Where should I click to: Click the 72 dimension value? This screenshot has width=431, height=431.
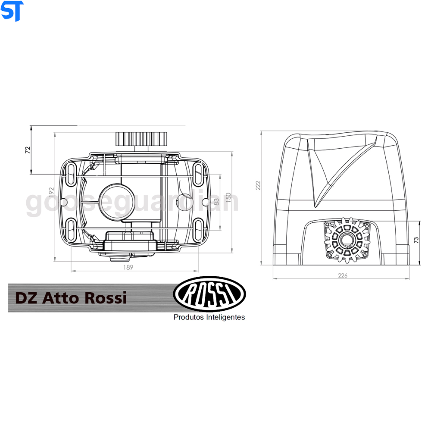point(28,150)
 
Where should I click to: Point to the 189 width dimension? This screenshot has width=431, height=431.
point(128,267)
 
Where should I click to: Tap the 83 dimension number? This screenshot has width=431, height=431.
point(216,201)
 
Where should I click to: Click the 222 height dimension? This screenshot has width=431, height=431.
point(258,185)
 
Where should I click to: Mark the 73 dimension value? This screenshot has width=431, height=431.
point(416,240)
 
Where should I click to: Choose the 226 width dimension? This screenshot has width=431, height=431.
point(342,275)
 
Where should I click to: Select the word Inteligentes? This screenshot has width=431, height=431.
point(225,317)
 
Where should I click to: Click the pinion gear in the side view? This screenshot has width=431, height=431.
point(347,240)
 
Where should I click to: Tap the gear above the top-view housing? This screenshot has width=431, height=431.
point(141,139)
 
